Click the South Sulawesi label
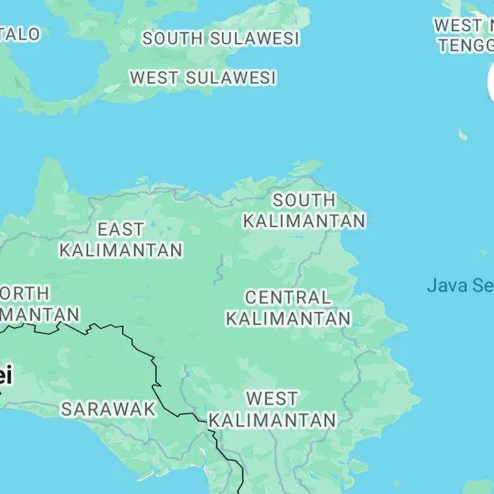click(x=221, y=39)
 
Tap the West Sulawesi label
click(x=203, y=78)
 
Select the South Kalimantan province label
click(x=304, y=210)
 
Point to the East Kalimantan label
click(x=121, y=239)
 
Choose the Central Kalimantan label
click(x=288, y=307)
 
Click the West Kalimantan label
click(x=272, y=409)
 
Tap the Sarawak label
click(x=108, y=409)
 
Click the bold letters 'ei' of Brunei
click(x=5, y=376)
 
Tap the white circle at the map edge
click(x=491, y=84)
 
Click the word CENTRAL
click(x=288, y=298)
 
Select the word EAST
click(x=121, y=229)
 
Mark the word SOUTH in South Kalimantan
click(x=304, y=200)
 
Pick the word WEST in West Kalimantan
click(x=272, y=398)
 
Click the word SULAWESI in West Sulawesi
click(x=230, y=78)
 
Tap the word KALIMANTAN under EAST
click(x=121, y=249)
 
